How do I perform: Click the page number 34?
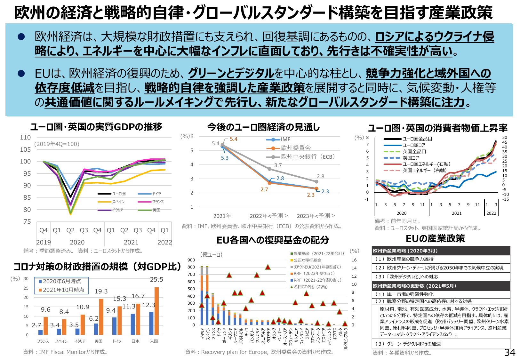(x=509, y=352)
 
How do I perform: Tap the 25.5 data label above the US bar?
(x=156, y=280)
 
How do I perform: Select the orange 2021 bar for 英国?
(x=101, y=317)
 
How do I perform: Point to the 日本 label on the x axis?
(x=135, y=341)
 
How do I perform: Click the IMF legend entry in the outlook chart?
(x=278, y=140)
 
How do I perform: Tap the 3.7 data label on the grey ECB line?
(x=278, y=165)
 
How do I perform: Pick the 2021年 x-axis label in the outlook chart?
(x=222, y=216)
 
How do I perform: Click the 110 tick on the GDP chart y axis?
(x=25, y=138)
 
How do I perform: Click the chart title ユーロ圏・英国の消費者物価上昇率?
(x=437, y=128)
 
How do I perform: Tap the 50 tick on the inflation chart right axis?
(x=505, y=138)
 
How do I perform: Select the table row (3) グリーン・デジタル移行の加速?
(x=408, y=344)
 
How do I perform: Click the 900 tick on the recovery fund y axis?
(x=191, y=260)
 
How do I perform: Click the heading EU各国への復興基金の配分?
(x=273, y=240)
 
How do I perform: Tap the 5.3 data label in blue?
(x=225, y=158)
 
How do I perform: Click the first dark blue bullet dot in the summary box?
(x=21, y=37)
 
